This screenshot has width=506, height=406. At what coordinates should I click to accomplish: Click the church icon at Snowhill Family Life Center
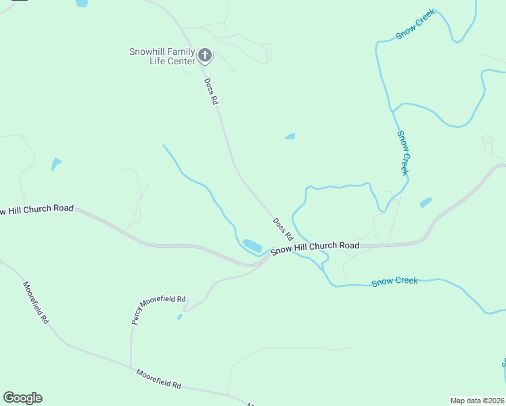[x=205, y=55]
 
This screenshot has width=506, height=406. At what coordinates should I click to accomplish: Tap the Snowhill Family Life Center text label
[x=162, y=56]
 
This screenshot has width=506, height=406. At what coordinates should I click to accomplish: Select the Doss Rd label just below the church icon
[x=212, y=91]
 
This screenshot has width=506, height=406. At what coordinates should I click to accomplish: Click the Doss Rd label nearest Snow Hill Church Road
[x=283, y=229]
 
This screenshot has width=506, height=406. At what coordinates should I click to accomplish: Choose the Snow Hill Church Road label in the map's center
[x=315, y=248]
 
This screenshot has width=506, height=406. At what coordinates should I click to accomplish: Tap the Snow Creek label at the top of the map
[x=415, y=24]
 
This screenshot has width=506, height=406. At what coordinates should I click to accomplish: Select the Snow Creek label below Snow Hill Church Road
[x=394, y=281]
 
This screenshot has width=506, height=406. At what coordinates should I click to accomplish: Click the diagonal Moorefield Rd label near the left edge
[x=36, y=302]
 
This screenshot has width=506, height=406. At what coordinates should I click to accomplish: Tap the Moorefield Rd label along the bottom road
[x=158, y=378]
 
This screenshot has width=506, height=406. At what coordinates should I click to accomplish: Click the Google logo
[x=22, y=398]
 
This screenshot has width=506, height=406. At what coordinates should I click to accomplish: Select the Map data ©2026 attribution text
[x=477, y=400]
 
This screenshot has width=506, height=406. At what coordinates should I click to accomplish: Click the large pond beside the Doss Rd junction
[x=252, y=245]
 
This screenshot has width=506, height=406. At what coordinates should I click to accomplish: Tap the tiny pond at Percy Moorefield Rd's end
[x=179, y=317]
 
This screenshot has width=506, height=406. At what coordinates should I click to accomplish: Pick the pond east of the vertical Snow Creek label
[x=425, y=202]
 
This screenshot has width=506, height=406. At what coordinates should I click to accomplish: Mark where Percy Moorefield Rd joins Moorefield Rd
[x=131, y=367]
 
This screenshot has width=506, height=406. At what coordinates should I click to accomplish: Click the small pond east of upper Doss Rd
[x=290, y=137]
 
